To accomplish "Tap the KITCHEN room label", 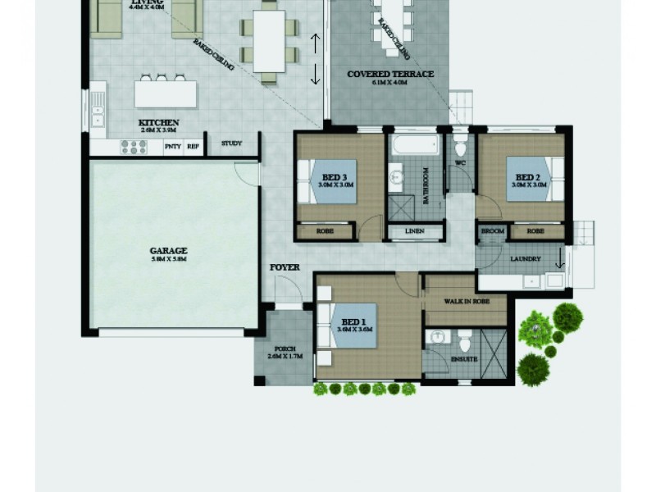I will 160,123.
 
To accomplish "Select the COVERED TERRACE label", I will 390,74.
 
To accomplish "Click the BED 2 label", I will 527,176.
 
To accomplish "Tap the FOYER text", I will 285,268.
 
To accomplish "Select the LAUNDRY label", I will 524,260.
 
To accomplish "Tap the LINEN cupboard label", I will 414,233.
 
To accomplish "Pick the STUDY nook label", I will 232,144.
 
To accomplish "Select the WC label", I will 460,163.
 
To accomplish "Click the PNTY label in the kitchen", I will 172,147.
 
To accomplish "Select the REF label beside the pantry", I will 194,147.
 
